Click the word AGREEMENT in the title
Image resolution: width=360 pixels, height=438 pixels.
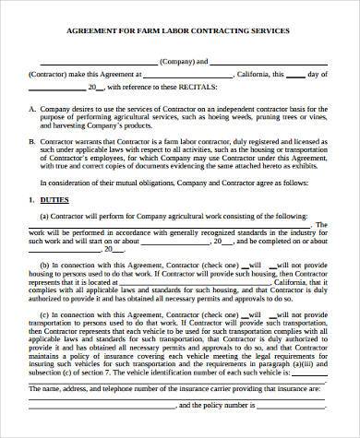coord(93,30)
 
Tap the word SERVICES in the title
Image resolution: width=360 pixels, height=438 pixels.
coord(268,30)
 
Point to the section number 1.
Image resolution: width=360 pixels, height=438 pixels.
coord(31,199)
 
